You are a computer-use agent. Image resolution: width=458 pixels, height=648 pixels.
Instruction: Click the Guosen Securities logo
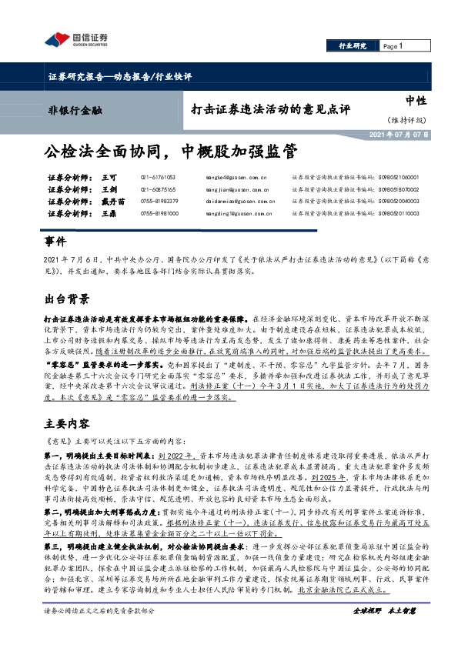pos(75,40)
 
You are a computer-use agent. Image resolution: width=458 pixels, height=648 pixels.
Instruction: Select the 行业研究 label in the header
pos(353,46)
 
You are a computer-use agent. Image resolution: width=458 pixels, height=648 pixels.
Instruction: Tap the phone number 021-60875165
pos(159,189)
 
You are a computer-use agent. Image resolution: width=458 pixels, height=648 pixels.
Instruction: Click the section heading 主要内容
pos(67,424)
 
